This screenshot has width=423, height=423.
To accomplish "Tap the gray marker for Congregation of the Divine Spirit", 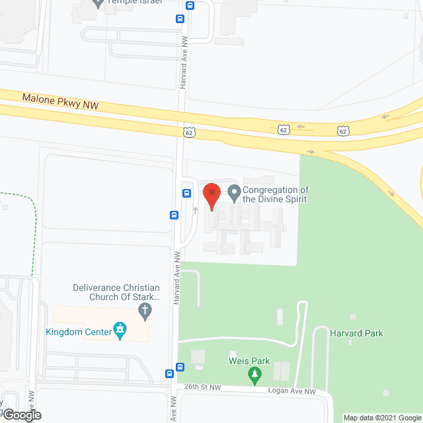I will (234, 193).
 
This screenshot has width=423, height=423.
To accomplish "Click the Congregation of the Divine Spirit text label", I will (275, 194).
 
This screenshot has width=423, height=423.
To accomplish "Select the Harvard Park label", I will (356, 333).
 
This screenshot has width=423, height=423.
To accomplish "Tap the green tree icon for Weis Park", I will (254, 376).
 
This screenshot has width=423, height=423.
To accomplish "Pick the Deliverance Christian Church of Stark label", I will (117, 292).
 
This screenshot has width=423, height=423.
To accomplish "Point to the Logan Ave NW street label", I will (292, 391).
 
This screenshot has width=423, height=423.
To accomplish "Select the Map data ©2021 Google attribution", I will (382, 418).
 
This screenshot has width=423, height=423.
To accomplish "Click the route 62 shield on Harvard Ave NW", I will (189, 132).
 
